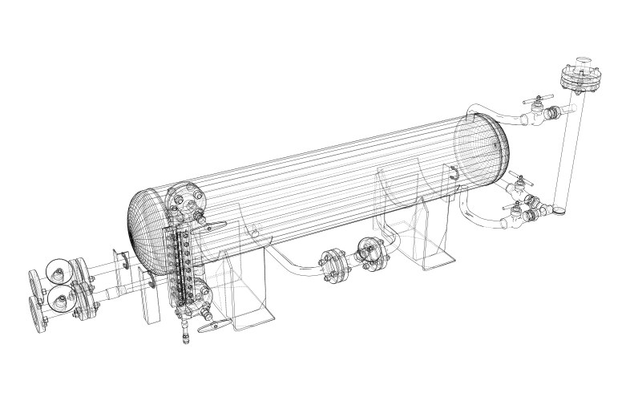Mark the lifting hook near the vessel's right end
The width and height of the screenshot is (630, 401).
point(454,173)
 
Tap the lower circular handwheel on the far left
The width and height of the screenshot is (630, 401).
point(61,301)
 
